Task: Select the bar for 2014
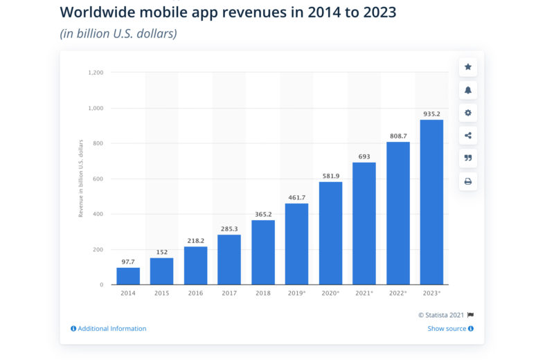pos(128,276)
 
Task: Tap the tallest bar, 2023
pos(431,202)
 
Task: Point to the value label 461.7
pos(296,197)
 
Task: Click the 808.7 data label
pos(397,136)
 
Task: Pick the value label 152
pos(162,252)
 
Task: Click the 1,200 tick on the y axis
pos(96,73)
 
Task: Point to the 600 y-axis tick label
pos(98,179)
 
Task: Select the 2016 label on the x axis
pos(195,294)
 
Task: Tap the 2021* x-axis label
pos(364,294)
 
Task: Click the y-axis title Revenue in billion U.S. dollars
pos(81,179)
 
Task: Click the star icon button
pos(468,67)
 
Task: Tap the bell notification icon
pos(468,90)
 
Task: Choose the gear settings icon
pos(468,113)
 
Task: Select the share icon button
pos(468,136)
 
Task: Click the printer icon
pos(468,181)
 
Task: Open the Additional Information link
pos(111,329)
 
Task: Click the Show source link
pos(447,329)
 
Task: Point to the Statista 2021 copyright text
pos(442,314)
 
